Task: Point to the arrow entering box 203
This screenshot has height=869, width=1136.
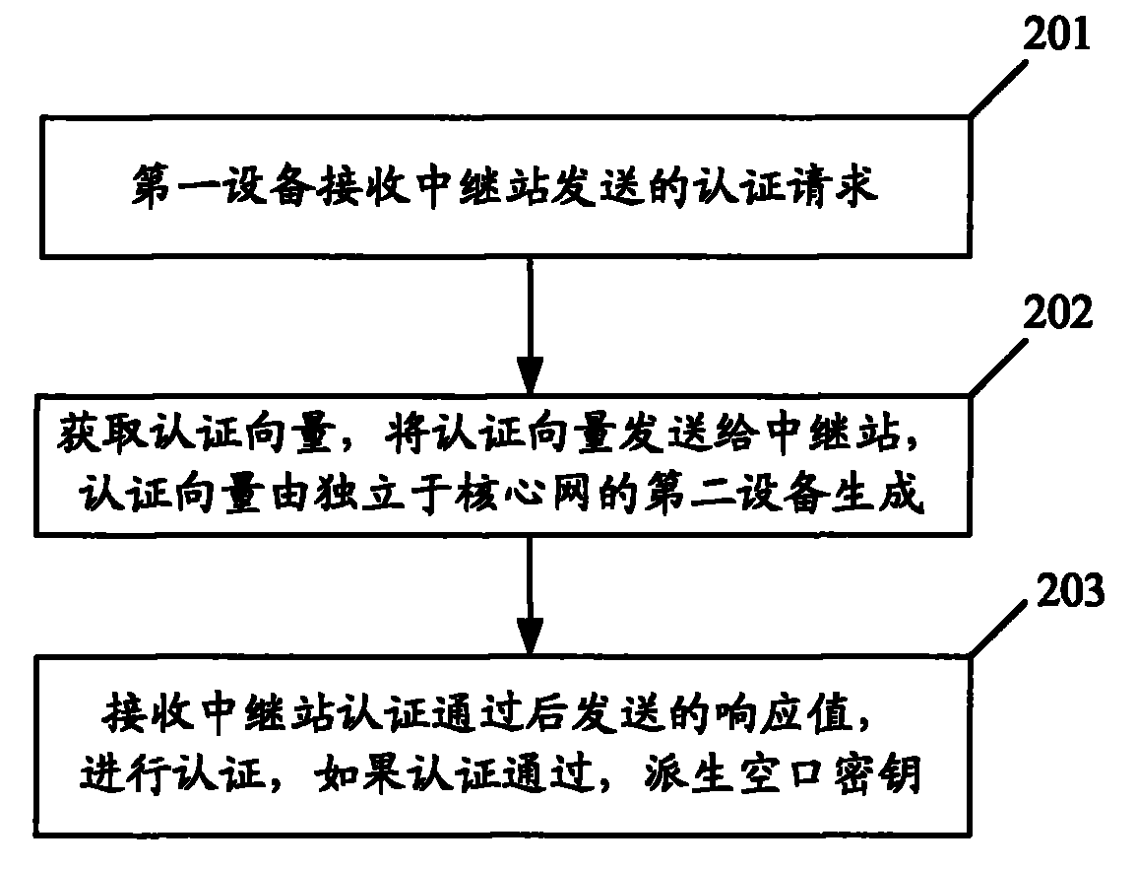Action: pos(530,592)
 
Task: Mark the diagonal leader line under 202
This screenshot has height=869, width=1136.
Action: pos(1002,366)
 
